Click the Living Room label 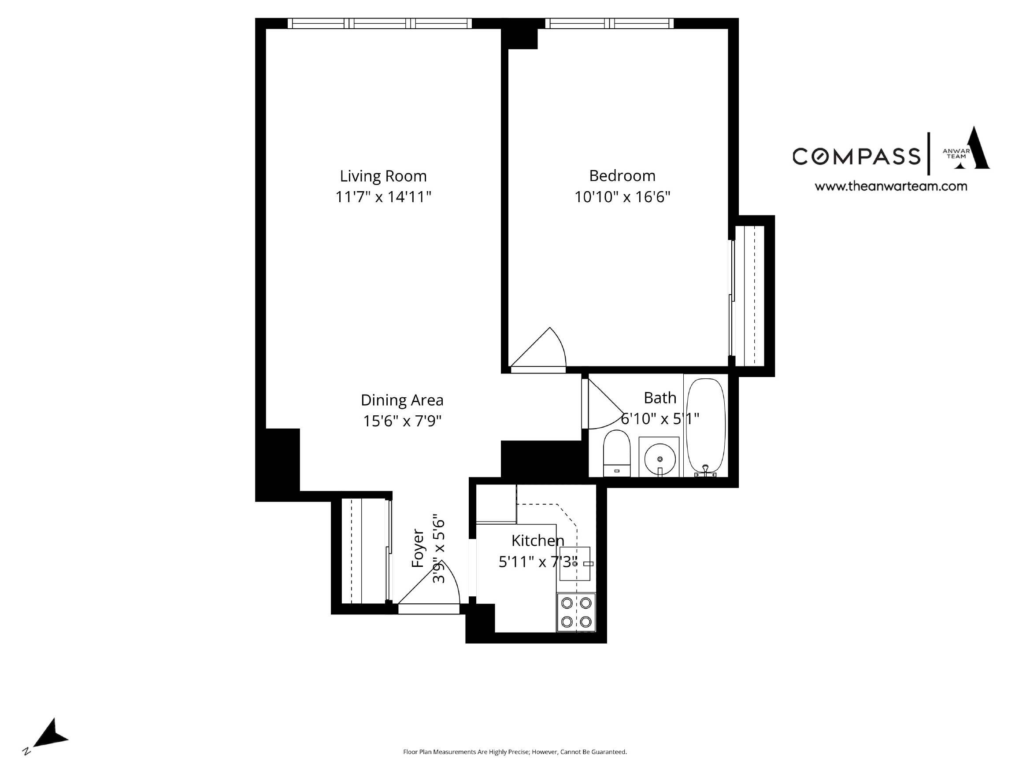pyautogui.click(x=383, y=176)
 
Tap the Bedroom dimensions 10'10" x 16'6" pyautogui.click(x=622, y=197)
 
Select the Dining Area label pyautogui.click(x=402, y=400)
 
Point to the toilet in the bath pyautogui.click(x=616, y=453)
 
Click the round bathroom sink pyautogui.click(x=660, y=459)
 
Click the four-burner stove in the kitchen pyautogui.click(x=576, y=612)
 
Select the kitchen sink pyautogui.click(x=574, y=564)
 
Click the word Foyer pyautogui.click(x=418, y=548)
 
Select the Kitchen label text pyautogui.click(x=537, y=540)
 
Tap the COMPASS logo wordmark pyautogui.click(x=856, y=156)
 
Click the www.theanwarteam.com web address pyautogui.click(x=890, y=186)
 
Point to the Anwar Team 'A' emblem pyautogui.click(x=971, y=149)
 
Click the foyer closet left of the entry pyautogui.click(x=363, y=551)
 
